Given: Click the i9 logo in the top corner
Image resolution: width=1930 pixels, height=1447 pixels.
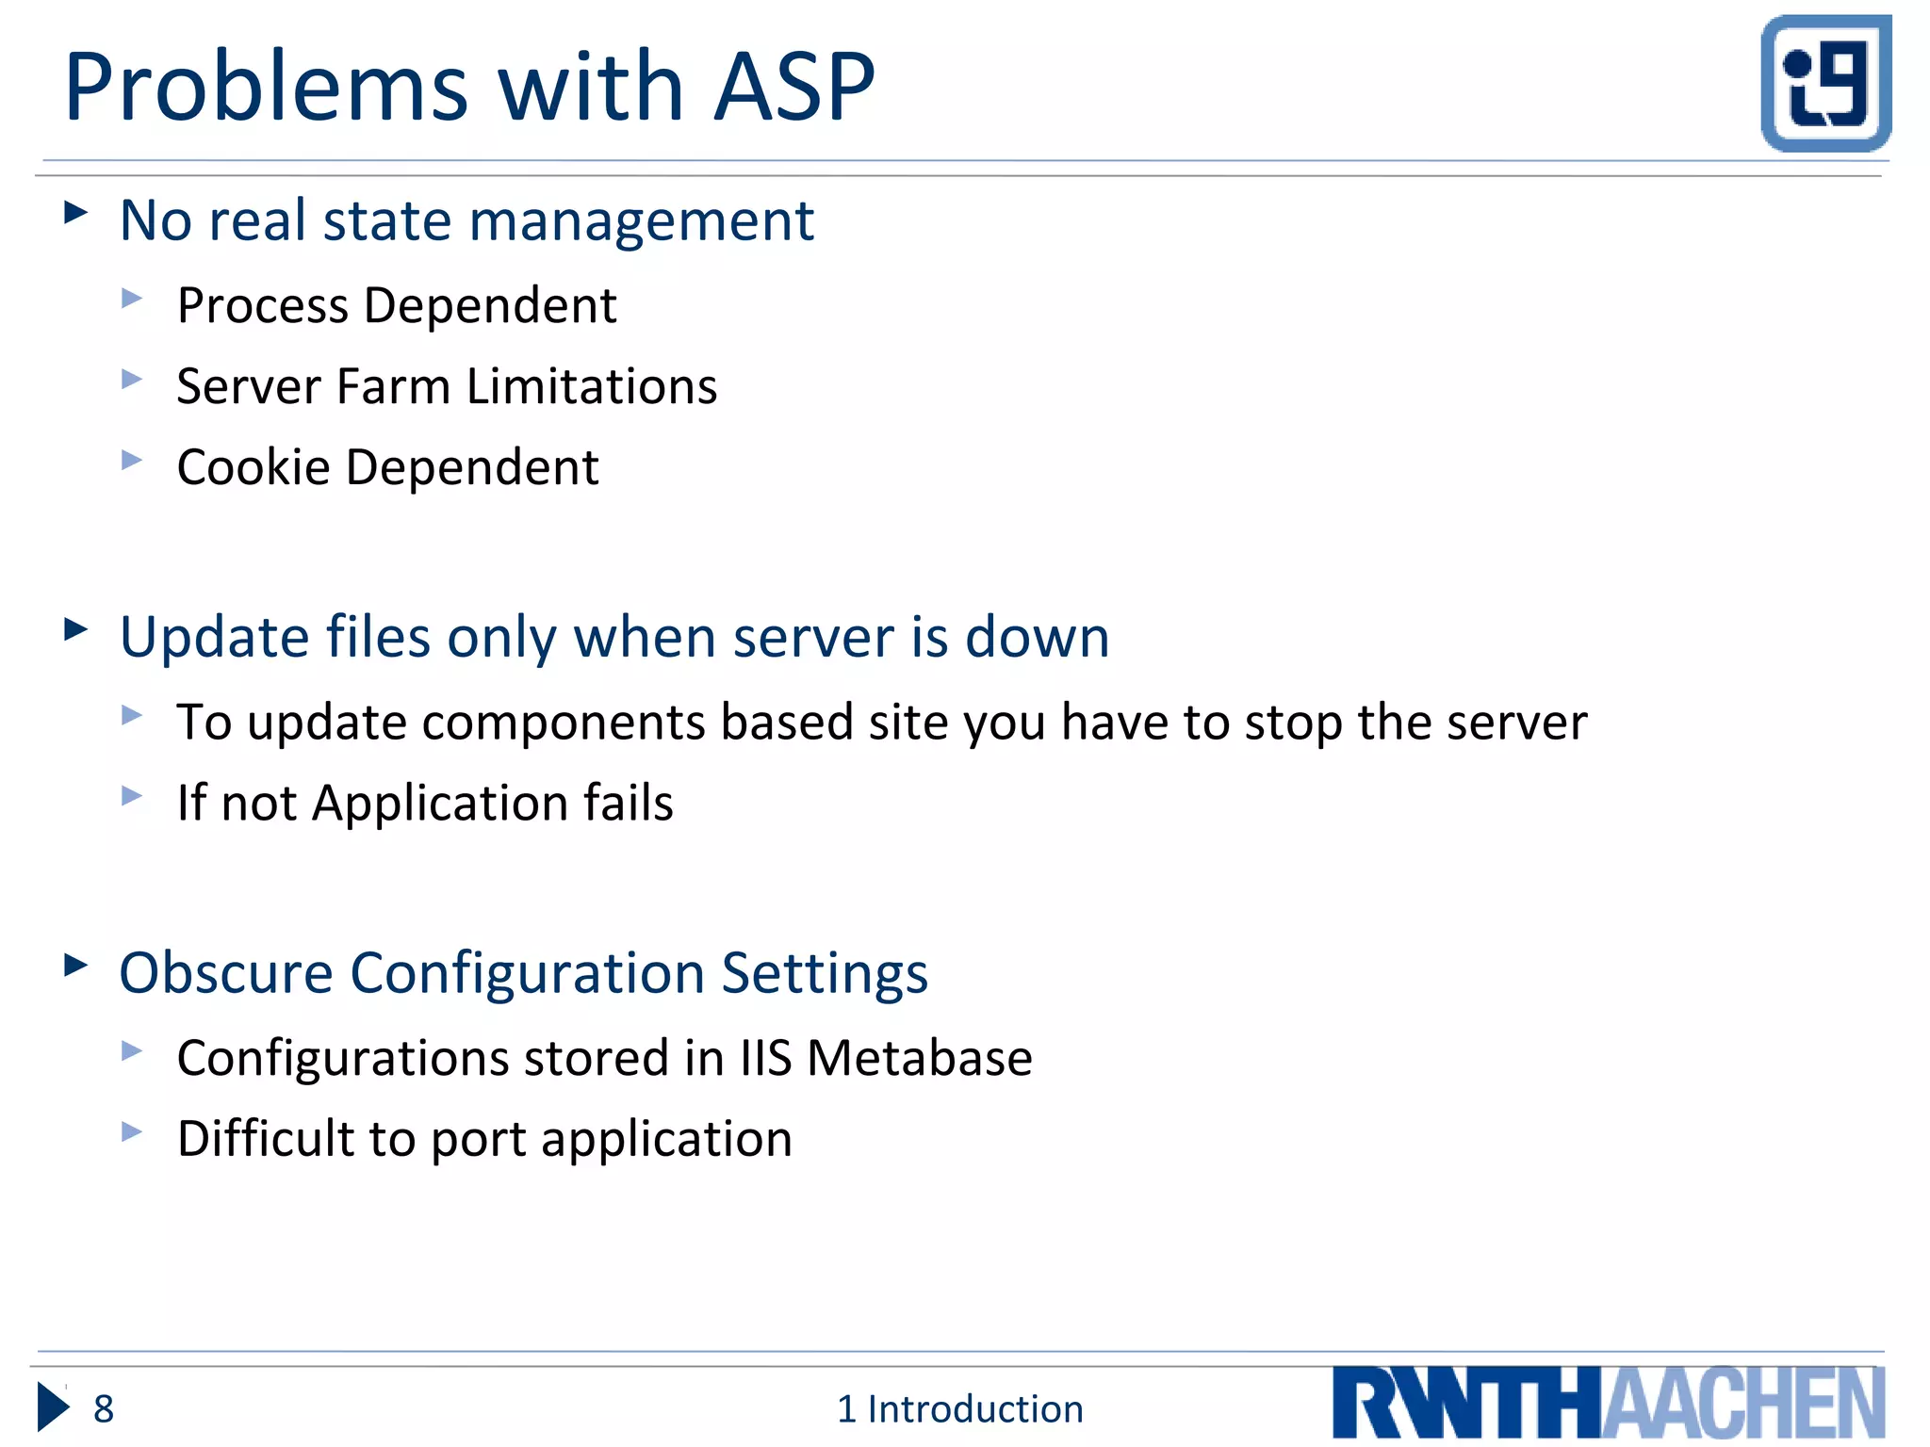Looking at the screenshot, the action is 1825,83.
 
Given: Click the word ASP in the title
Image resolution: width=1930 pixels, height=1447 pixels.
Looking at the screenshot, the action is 793,87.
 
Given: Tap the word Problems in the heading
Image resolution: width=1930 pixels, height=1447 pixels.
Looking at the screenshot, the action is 266,87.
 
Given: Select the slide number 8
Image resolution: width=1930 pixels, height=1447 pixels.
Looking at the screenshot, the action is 104,1409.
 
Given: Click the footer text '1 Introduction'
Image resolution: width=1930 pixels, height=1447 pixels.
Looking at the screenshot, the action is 959,1409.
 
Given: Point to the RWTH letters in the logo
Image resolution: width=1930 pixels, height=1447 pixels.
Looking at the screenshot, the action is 1466,1404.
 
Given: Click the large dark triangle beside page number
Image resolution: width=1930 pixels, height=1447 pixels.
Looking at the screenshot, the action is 53,1407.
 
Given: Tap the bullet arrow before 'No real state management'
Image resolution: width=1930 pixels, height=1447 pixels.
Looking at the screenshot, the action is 75,212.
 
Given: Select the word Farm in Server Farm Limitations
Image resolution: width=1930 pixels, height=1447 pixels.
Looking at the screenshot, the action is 393,386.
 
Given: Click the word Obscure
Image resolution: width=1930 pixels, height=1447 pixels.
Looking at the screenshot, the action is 226,972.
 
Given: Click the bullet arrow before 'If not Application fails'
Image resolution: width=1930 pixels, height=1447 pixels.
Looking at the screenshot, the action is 132,796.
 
